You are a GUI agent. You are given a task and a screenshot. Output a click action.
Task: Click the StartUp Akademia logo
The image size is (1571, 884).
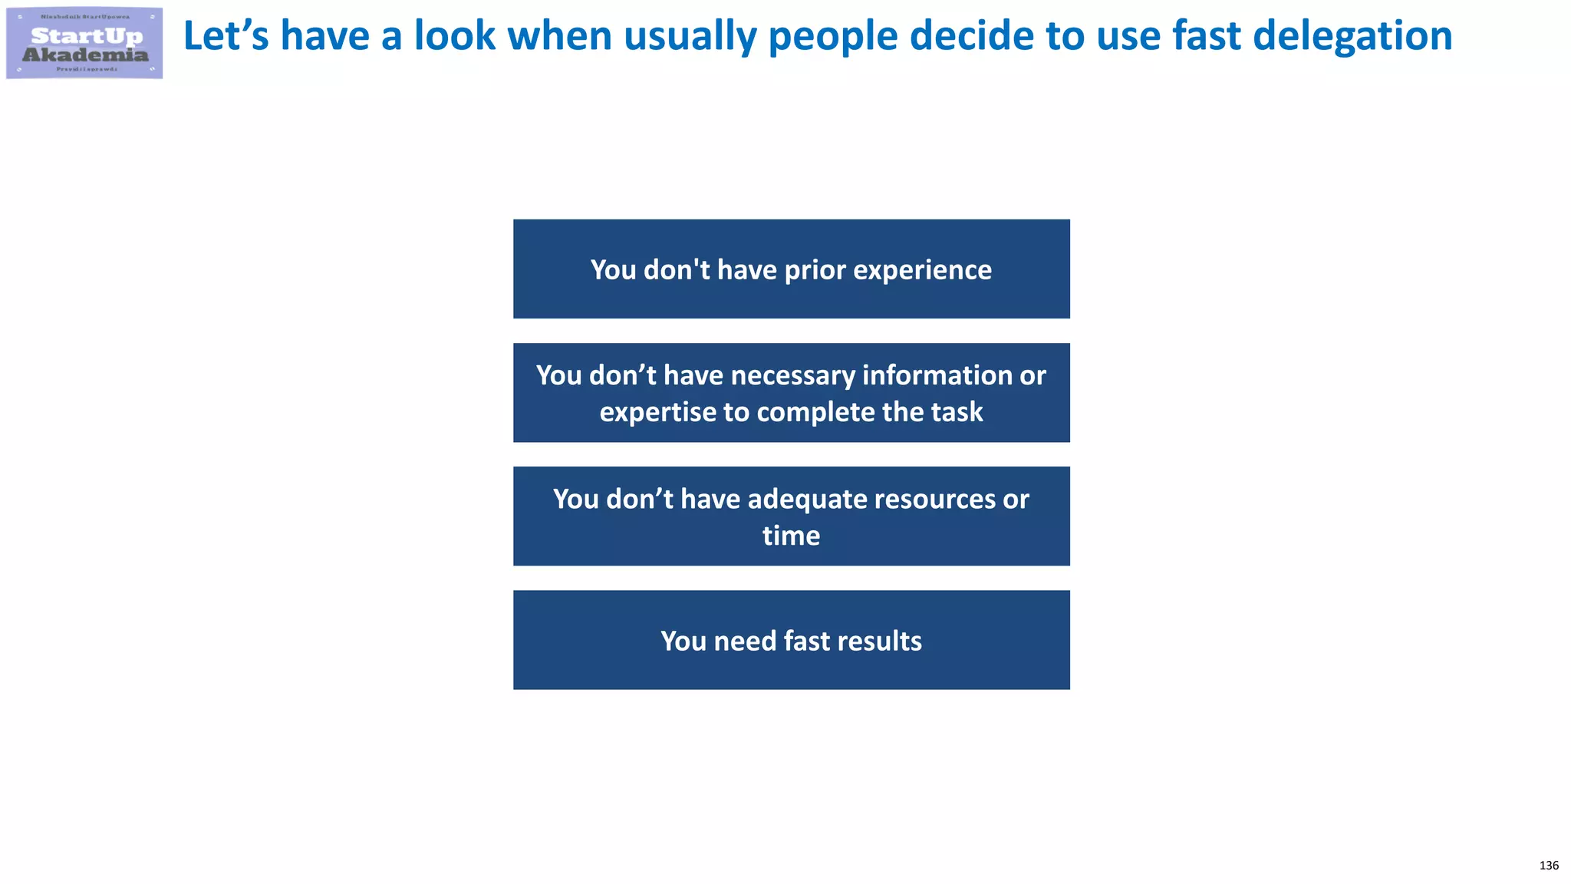84,43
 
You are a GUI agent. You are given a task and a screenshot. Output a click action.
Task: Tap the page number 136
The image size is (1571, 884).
1549,866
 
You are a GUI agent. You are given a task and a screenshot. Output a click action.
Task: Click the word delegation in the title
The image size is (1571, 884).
1352,37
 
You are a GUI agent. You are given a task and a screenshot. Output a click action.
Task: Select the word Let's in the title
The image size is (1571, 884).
226,37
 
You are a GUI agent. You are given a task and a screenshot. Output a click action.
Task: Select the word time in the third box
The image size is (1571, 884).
791,536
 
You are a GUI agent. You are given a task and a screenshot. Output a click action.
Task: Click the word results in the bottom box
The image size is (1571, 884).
879,641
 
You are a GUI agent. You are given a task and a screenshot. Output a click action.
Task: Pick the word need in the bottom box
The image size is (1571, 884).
745,641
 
